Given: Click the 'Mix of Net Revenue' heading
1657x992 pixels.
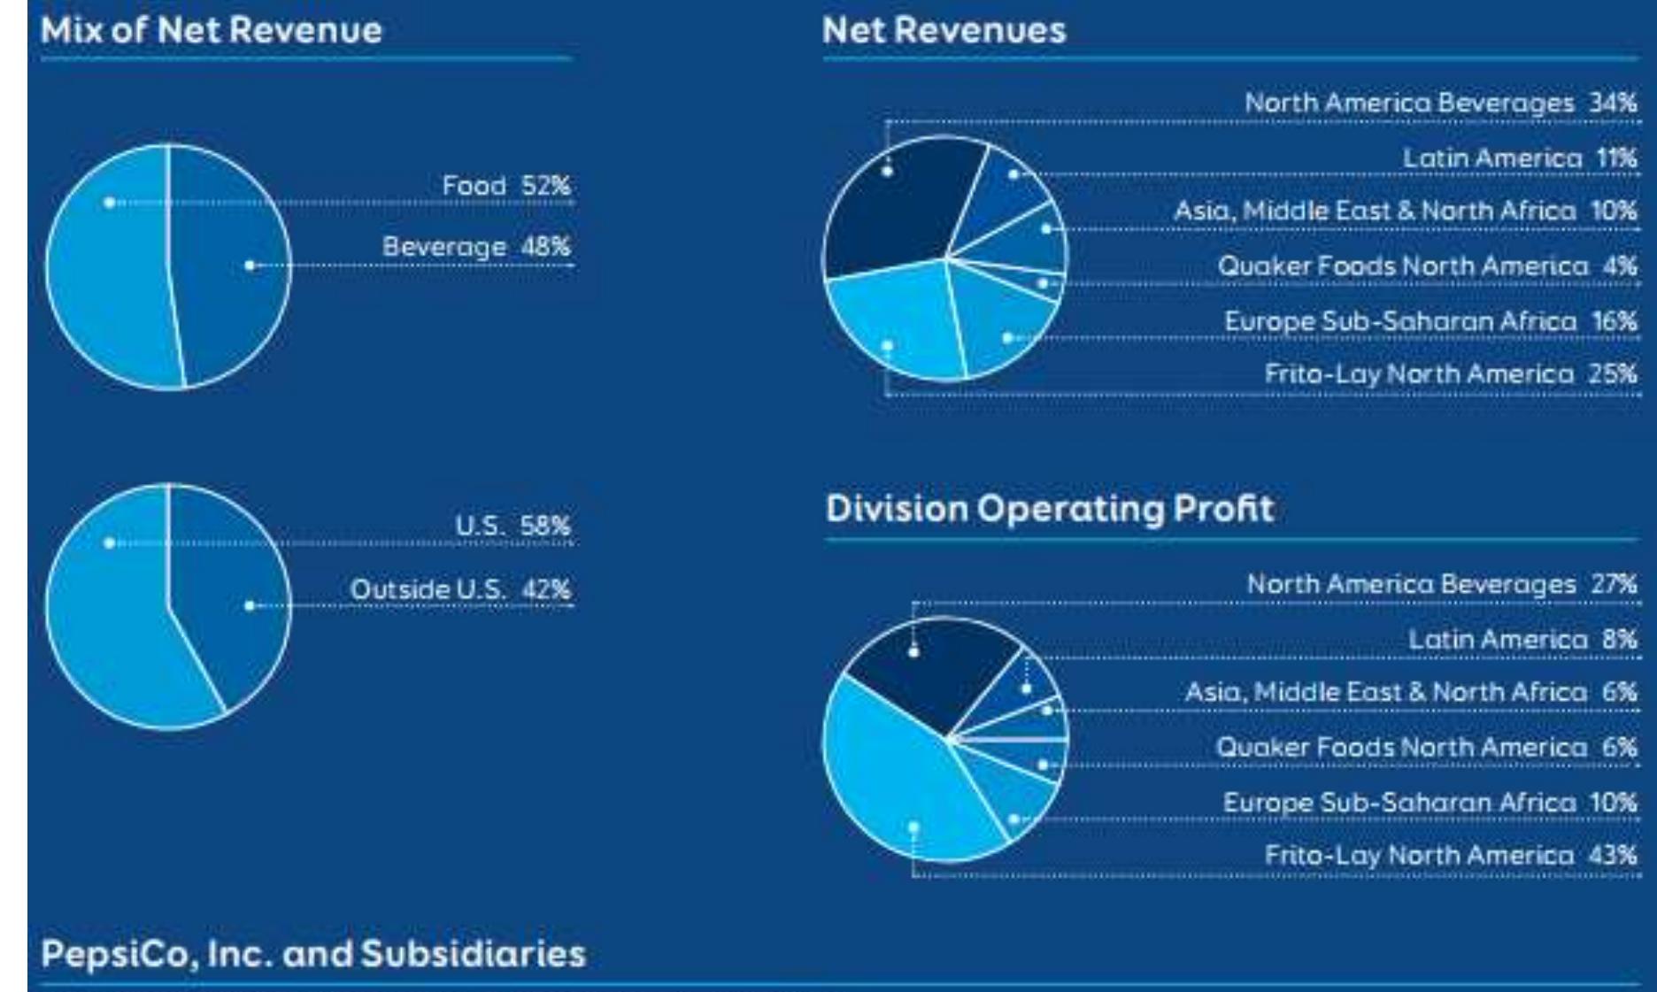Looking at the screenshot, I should [211, 31].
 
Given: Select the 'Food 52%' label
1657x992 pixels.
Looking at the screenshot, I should [505, 186].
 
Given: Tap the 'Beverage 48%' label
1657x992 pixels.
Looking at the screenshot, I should [475, 247].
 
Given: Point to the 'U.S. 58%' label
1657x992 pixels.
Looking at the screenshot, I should [512, 526].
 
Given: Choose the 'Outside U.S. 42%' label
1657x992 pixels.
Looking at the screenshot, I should [459, 589].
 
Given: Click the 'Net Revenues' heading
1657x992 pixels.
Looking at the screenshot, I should [944, 31].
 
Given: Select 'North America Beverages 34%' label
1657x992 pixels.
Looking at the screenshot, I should [1440, 103].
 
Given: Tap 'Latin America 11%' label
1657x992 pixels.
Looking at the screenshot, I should [1519, 158].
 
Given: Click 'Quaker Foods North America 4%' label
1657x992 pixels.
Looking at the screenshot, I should [1426, 265].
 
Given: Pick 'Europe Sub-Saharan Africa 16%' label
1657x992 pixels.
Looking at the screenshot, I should [1430, 320].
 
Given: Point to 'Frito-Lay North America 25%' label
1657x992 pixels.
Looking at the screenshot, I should [1450, 373].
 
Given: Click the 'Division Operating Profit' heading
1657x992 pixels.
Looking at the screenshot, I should [1049, 509].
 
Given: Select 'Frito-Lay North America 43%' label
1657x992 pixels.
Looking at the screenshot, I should [1450, 855].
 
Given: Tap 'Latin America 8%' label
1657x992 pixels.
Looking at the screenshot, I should [1522, 639].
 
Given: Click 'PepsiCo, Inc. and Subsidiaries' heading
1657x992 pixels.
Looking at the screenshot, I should [313, 954].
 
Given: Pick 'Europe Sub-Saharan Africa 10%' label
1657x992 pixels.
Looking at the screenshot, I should [1429, 802].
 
